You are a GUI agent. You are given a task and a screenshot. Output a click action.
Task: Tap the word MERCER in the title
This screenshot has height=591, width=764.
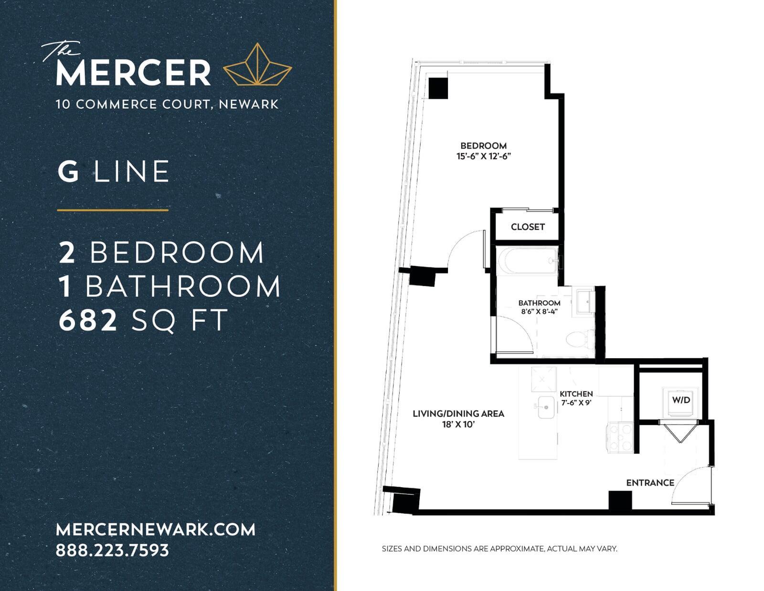[133, 73]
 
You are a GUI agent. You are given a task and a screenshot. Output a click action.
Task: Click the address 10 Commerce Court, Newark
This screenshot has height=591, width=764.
[167, 105]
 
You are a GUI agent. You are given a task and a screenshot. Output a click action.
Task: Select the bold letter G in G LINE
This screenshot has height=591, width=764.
[68, 172]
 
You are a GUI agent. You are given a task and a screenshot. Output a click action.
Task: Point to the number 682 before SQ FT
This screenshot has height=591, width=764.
[87, 321]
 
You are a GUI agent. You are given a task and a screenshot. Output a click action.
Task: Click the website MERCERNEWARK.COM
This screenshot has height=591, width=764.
[156, 530]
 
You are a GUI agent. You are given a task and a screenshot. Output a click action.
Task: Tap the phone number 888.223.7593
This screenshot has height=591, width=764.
[112, 550]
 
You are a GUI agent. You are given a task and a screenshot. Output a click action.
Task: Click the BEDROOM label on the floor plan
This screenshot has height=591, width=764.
[483, 146]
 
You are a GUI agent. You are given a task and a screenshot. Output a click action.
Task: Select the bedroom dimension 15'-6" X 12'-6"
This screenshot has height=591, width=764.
[483, 156]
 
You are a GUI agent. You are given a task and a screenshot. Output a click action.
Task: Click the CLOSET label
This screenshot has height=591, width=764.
[528, 227]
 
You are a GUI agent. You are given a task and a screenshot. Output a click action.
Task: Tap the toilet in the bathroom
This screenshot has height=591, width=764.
[580, 339]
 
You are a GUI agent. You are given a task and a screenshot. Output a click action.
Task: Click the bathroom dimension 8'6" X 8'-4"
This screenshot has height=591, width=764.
[539, 311]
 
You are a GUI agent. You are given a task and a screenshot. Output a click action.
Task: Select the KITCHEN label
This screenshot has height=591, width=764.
[576, 394]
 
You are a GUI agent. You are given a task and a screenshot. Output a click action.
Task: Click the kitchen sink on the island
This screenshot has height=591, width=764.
[546, 407]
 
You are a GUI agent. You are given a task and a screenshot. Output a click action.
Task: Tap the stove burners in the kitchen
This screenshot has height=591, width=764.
[621, 438]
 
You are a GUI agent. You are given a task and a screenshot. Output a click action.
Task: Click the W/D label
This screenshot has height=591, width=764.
[681, 400]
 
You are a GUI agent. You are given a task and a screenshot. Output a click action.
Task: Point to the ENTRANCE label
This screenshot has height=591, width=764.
[650, 482]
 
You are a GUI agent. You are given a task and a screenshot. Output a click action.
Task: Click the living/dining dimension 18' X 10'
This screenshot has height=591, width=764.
[458, 425]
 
